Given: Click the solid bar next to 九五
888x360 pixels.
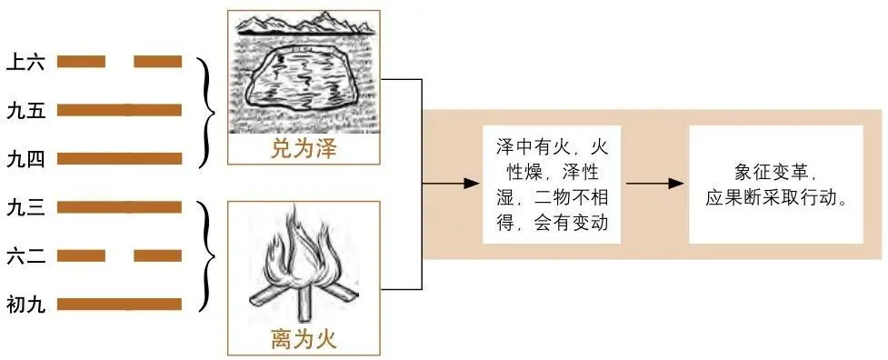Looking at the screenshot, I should coord(119,111).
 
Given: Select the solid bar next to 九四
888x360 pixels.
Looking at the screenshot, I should coord(119,159).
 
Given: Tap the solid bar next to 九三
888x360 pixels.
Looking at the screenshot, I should coord(119,207).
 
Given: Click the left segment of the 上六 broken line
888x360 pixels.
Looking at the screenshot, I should coord(81,62).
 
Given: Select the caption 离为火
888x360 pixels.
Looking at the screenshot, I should coord(304,341).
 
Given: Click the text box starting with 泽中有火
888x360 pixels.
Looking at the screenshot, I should coord(552,185).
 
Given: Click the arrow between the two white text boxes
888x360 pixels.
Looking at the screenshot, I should coord(654,184).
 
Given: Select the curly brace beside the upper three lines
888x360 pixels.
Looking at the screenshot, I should coord(210,111).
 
